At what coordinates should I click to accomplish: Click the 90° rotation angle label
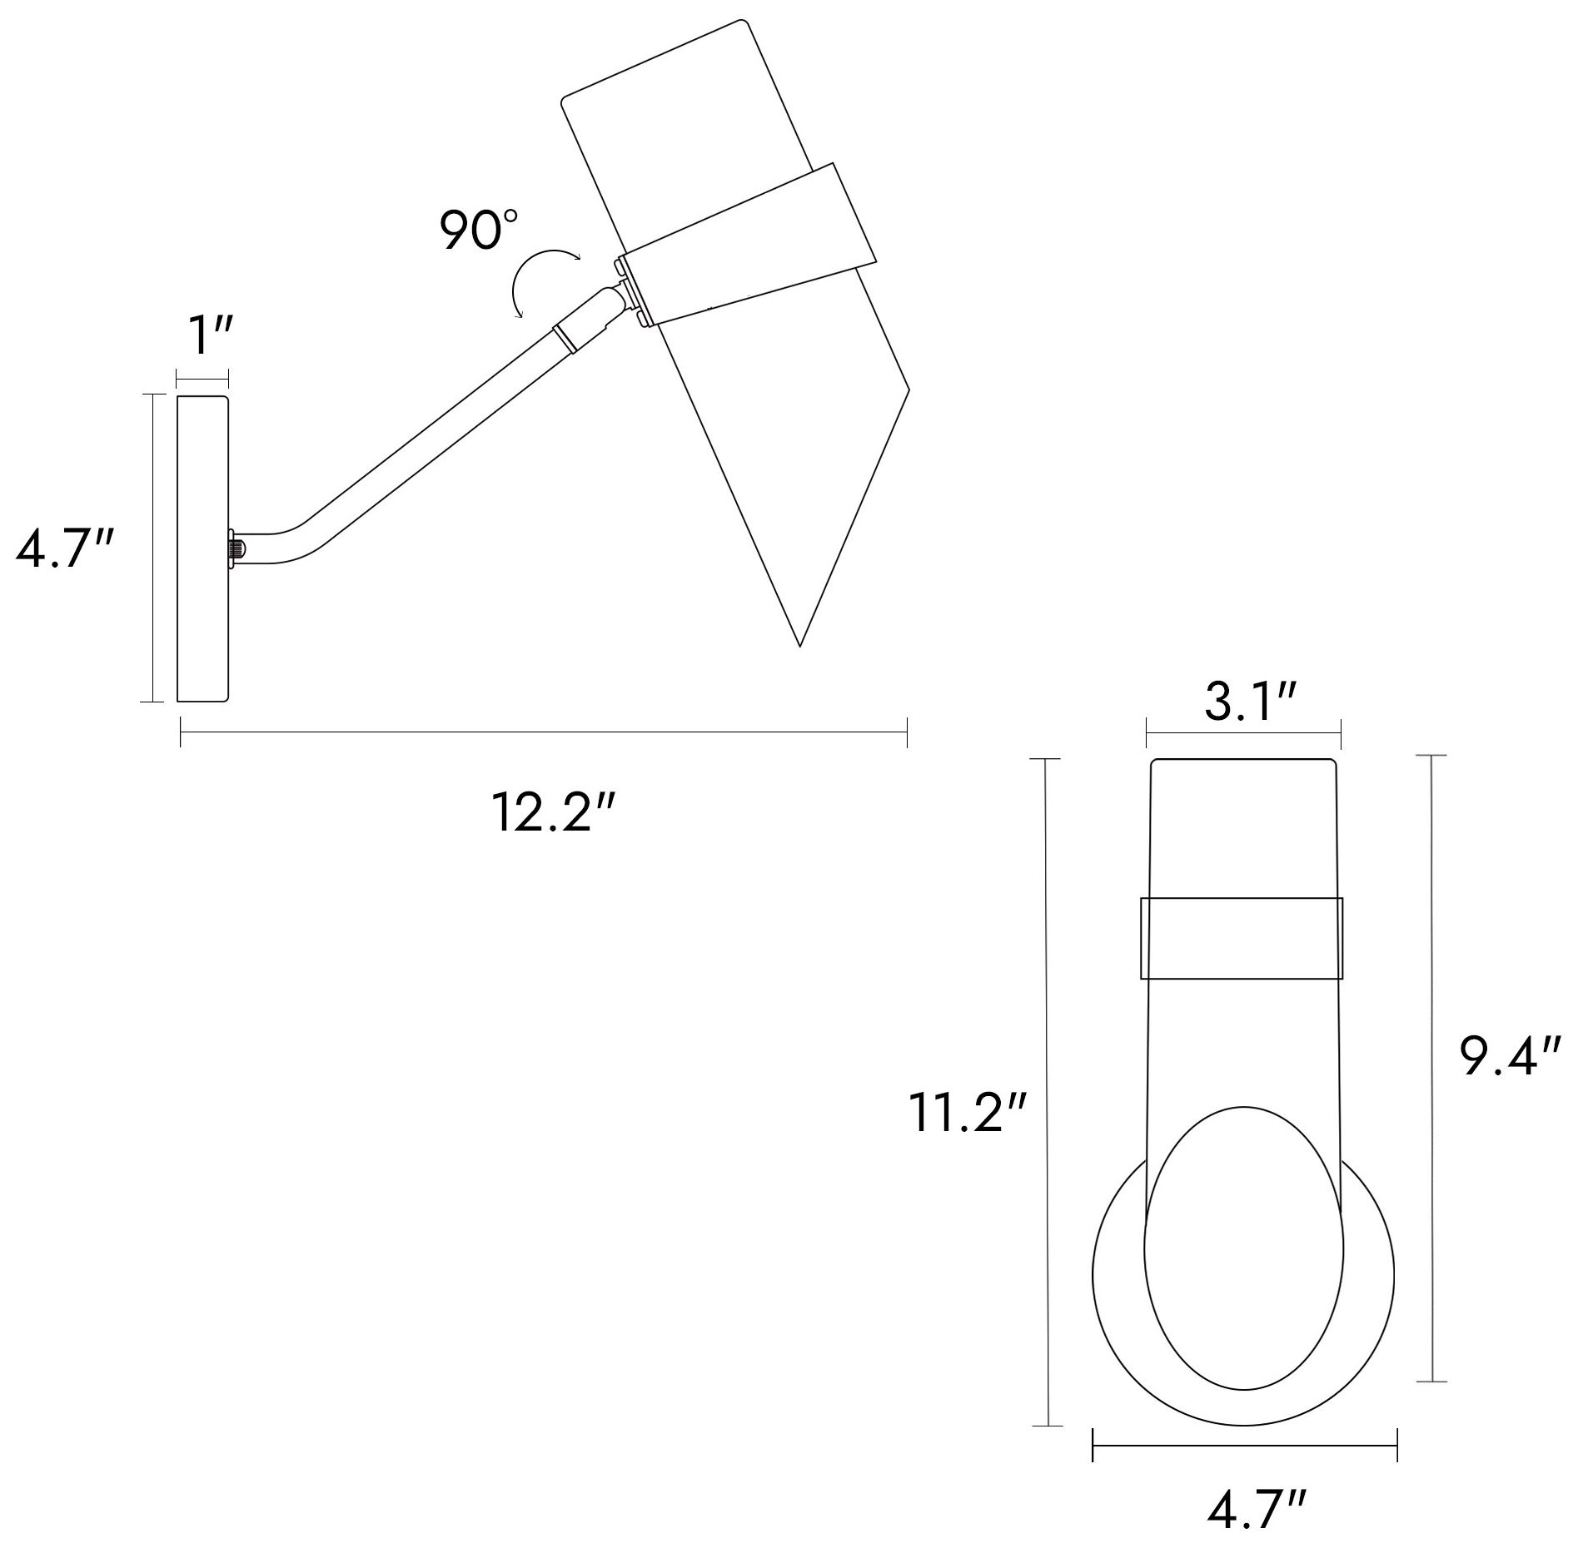(x=479, y=231)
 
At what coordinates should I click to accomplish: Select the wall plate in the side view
(x=203, y=548)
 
